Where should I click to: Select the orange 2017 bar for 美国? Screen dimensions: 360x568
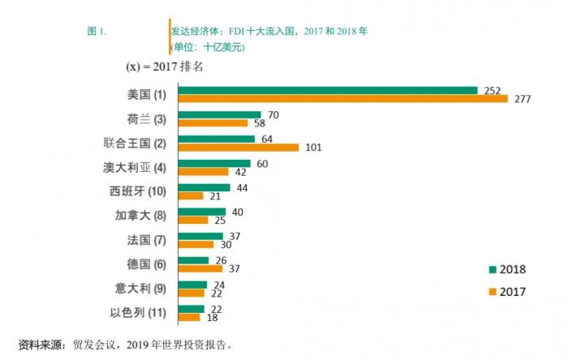tap(342, 99)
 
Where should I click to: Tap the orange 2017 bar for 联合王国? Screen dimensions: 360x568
tap(239, 148)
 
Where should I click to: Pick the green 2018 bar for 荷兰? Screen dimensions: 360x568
tap(219, 114)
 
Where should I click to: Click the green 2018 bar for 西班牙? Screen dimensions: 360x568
tap(204, 187)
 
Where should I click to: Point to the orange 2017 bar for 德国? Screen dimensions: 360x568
tap(200, 268)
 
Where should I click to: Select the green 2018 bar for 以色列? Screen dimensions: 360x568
tap(191, 309)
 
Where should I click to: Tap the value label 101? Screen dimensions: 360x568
tap(312, 148)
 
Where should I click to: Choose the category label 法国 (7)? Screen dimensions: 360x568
tap(143, 240)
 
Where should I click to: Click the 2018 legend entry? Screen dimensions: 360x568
tap(507, 270)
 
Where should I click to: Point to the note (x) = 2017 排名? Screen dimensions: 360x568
tap(163, 66)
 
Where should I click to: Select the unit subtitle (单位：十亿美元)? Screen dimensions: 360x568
tap(207, 47)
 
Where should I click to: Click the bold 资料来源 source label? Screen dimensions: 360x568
tap(42, 344)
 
